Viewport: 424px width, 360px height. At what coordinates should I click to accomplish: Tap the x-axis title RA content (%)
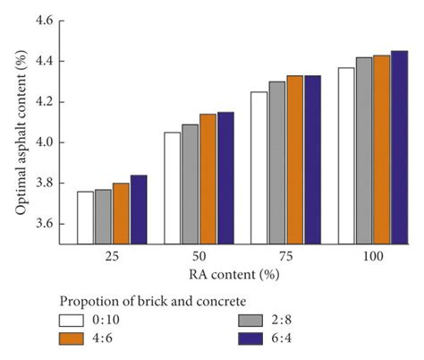coord(242,273)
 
